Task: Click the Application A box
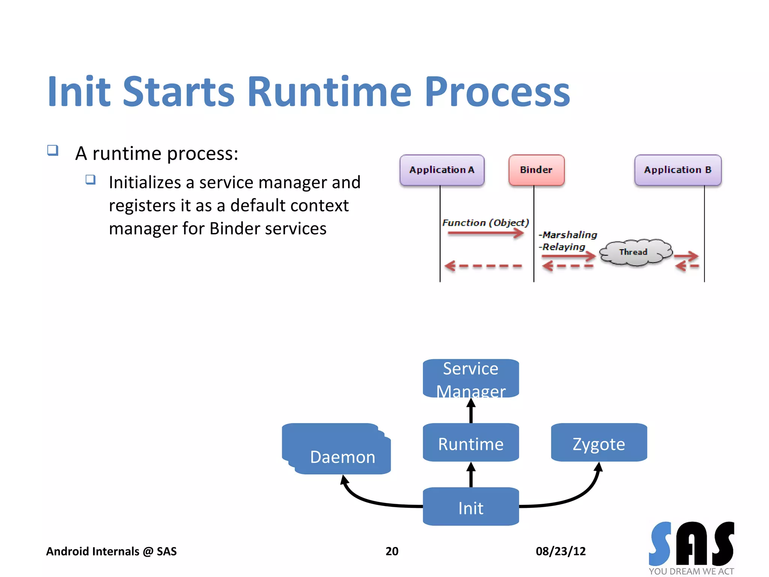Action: pyautogui.click(x=442, y=170)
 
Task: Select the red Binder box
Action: pyautogui.click(x=536, y=170)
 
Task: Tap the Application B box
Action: pyautogui.click(x=678, y=170)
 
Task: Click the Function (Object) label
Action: pyautogui.click(x=485, y=223)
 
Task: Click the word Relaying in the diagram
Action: pyautogui.click(x=564, y=247)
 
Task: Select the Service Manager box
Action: pyautogui.click(x=471, y=378)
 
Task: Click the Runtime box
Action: pyautogui.click(x=471, y=443)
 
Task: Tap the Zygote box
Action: pyautogui.click(x=599, y=443)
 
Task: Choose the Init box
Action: pyautogui.click(x=471, y=507)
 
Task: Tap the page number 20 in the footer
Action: pyautogui.click(x=392, y=551)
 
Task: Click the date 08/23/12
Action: pyautogui.click(x=560, y=551)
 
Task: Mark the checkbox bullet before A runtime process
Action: pyautogui.click(x=53, y=150)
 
